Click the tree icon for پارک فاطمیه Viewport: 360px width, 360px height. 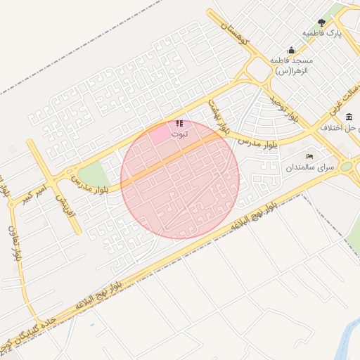click(322, 22)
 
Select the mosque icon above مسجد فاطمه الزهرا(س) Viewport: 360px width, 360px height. click(291, 51)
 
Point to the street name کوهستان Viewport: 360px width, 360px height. click(235, 34)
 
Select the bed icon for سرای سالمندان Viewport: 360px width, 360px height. click(309, 156)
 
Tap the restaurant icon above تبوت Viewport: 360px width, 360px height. click(179, 123)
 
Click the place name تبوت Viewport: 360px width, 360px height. click(180, 133)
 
